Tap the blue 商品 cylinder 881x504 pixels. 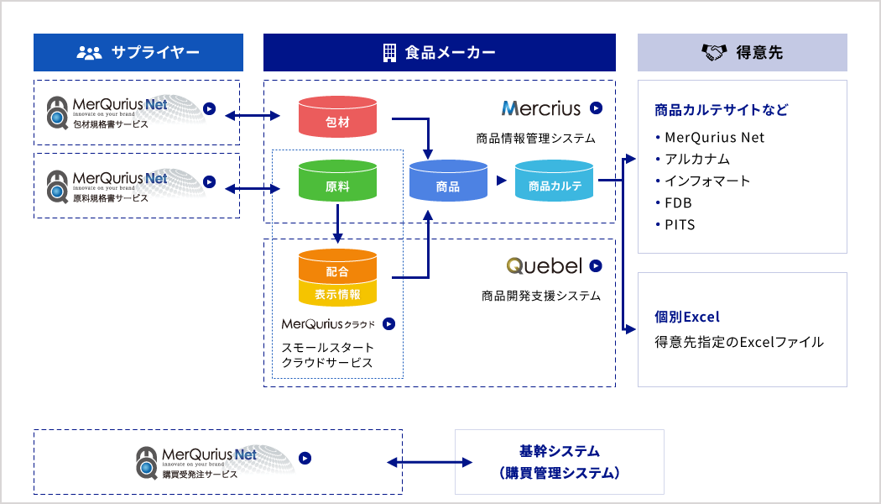(448, 183)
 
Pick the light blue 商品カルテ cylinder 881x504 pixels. (555, 183)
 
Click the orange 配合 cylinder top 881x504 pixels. (337, 269)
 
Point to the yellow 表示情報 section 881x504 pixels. (337, 294)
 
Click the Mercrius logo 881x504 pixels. (541, 108)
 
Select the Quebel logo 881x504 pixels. (545, 265)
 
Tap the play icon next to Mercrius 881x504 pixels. (596, 108)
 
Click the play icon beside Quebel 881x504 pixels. (596, 265)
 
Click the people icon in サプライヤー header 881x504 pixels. (88, 53)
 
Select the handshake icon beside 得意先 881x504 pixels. (713, 53)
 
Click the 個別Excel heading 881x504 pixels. (687, 317)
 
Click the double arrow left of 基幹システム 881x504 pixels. (428, 462)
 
